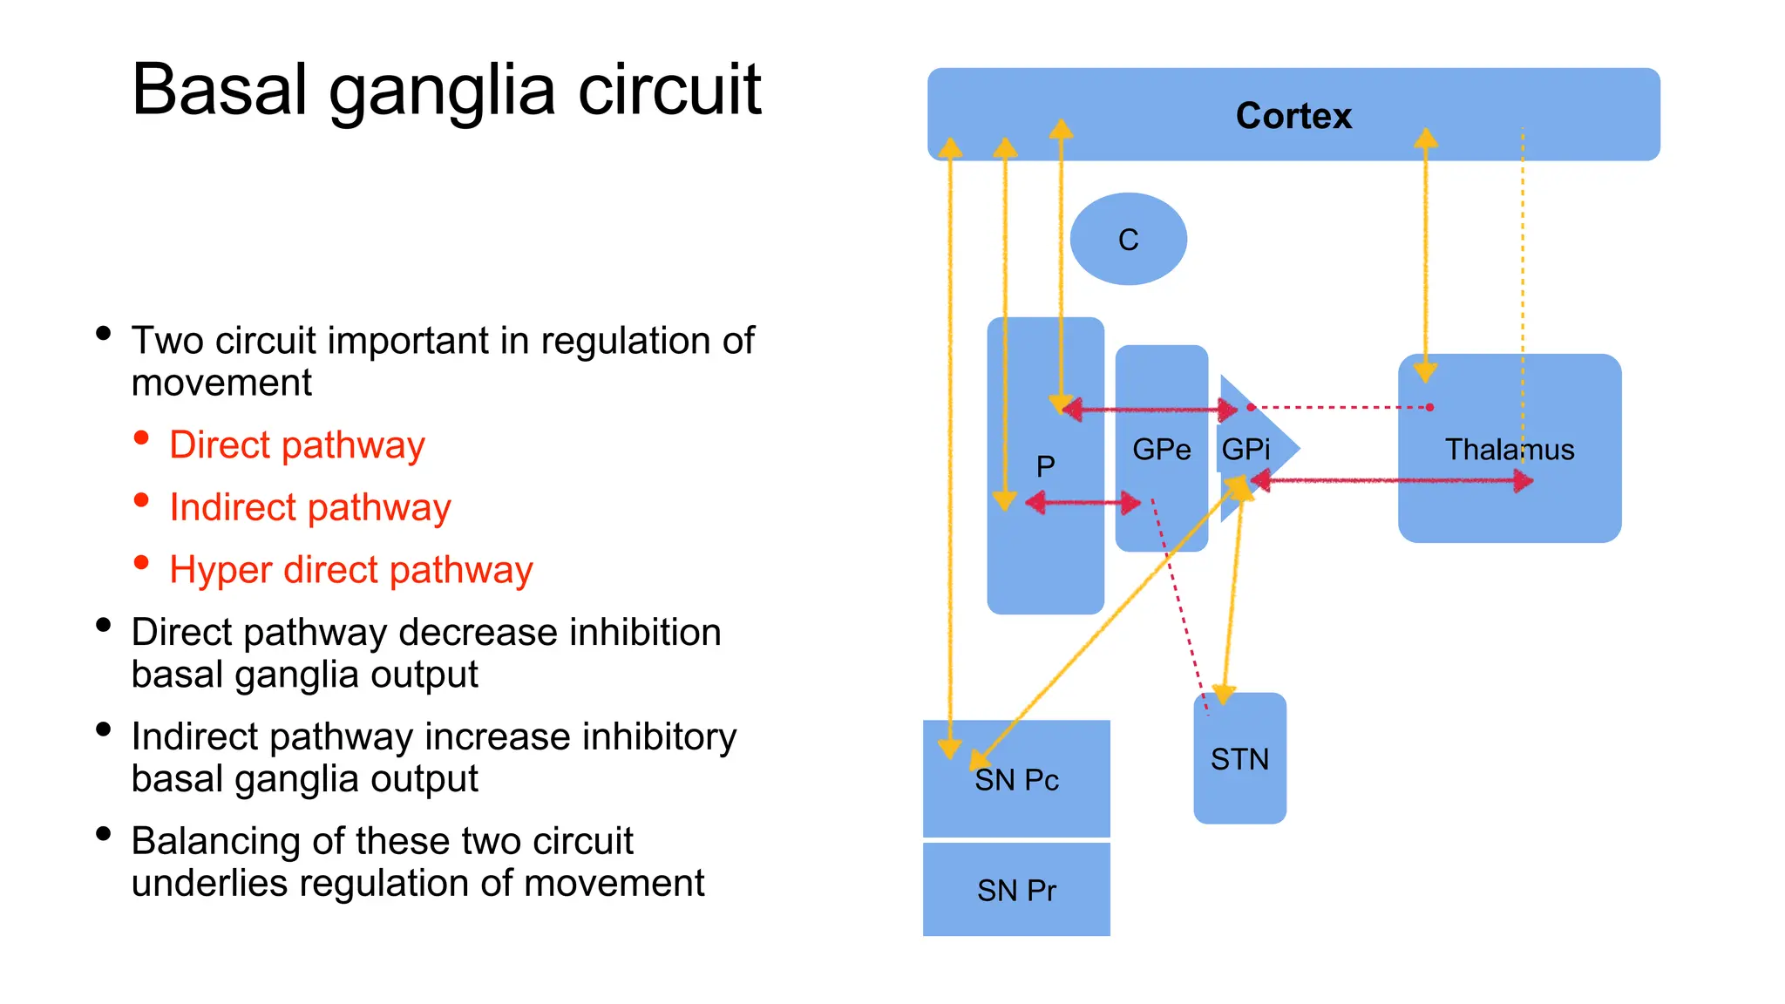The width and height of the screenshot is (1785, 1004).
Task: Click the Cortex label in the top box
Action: (x=1293, y=116)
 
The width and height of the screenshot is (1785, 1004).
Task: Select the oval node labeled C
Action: (x=1128, y=239)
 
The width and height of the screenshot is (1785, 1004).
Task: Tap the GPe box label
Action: (x=1161, y=450)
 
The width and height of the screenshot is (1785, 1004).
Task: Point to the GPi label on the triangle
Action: (x=1245, y=450)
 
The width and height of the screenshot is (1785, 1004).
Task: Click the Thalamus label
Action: (x=1509, y=450)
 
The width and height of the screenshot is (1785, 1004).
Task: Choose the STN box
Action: (x=1239, y=759)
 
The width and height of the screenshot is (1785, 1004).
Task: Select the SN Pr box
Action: (x=1016, y=890)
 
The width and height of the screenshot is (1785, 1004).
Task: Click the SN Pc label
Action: (x=1016, y=780)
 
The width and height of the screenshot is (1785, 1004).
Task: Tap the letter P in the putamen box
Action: (x=1045, y=466)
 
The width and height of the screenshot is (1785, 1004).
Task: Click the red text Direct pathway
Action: (x=296, y=445)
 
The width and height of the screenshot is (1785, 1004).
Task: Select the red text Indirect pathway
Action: (x=309, y=508)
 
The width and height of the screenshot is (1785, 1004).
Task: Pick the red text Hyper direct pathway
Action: (x=350, y=571)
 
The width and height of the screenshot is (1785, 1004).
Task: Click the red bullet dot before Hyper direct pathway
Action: (x=141, y=563)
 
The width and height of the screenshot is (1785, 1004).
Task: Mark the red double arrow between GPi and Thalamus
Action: (x=1395, y=480)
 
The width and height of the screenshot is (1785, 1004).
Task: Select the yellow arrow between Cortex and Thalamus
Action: (x=1426, y=253)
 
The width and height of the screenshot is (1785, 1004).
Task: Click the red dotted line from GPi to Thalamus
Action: (x=1342, y=407)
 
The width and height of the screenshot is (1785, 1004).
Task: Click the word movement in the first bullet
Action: (x=221, y=383)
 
